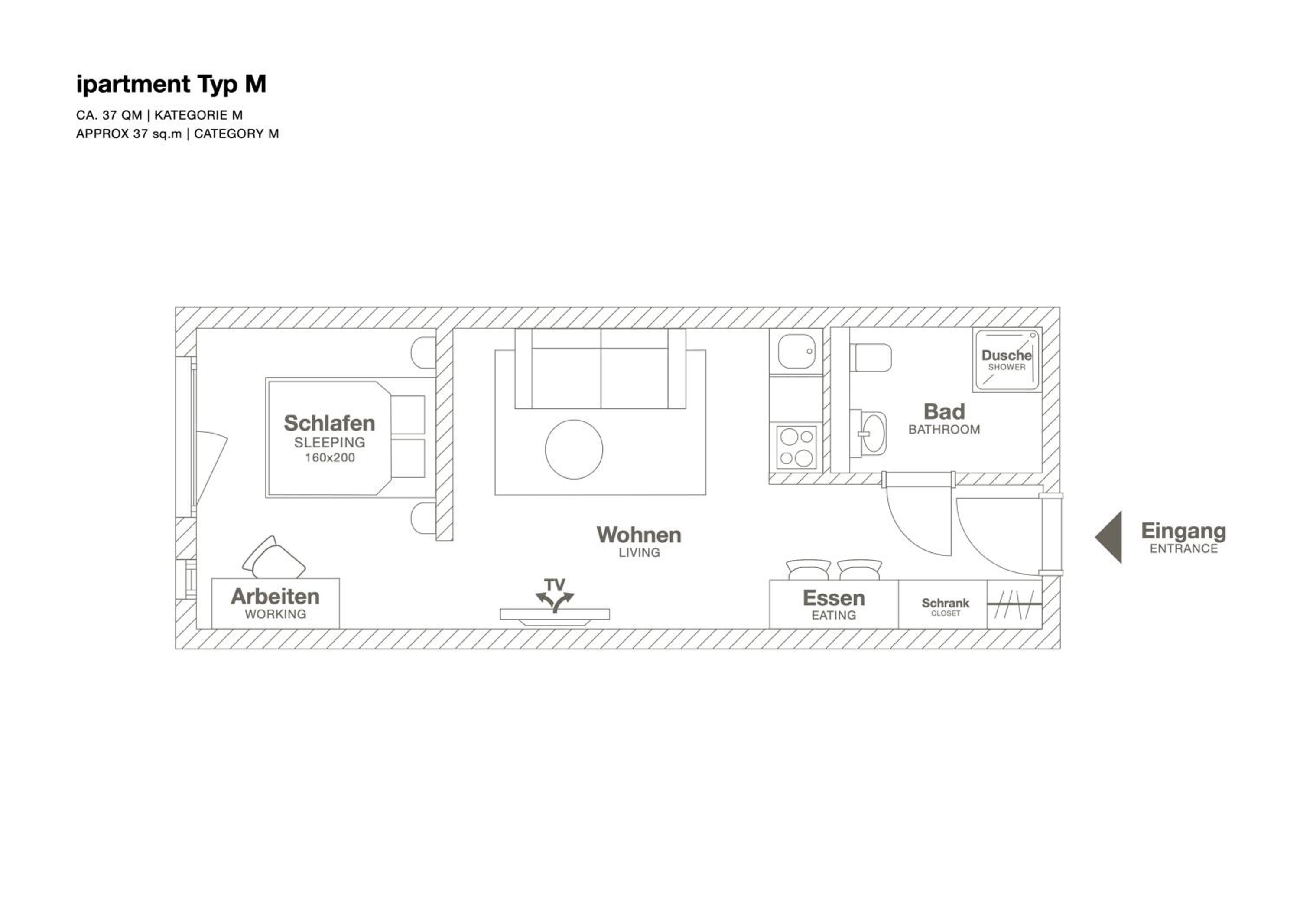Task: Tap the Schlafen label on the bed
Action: (x=329, y=423)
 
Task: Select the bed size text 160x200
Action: (x=329, y=458)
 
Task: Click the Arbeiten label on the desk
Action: (x=275, y=596)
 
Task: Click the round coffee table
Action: (x=574, y=449)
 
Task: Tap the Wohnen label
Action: (x=639, y=535)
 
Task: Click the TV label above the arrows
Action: (x=554, y=584)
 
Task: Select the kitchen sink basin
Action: (x=796, y=351)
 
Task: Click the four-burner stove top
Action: (x=796, y=447)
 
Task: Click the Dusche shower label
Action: (x=1007, y=355)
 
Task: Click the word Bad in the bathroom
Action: (x=944, y=411)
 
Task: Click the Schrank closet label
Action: (x=945, y=603)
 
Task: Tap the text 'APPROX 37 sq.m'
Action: (x=129, y=134)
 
